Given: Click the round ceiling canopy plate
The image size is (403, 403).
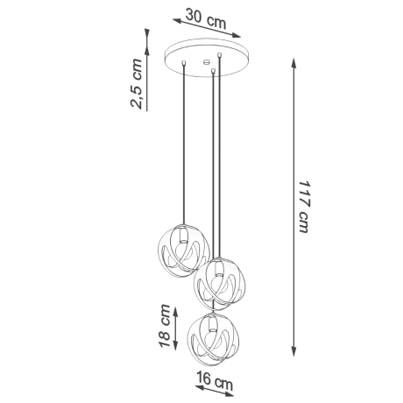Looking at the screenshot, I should coord(203,58).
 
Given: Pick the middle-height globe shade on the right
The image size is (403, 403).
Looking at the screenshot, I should coord(220,281).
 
